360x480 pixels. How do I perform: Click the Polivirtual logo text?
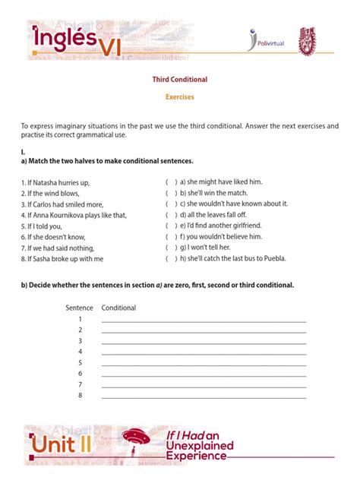[273, 45]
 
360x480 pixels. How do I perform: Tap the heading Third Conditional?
[180, 79]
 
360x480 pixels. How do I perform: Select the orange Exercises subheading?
[180, 97]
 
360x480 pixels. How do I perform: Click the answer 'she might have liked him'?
[221, 182]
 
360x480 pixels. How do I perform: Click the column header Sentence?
[79, 308]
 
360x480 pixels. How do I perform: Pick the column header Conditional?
[119, 308]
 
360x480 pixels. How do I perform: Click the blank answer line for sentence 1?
[204, 321]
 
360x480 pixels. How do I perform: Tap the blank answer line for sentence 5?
[204, 364]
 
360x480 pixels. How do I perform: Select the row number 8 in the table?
[80, 396]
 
